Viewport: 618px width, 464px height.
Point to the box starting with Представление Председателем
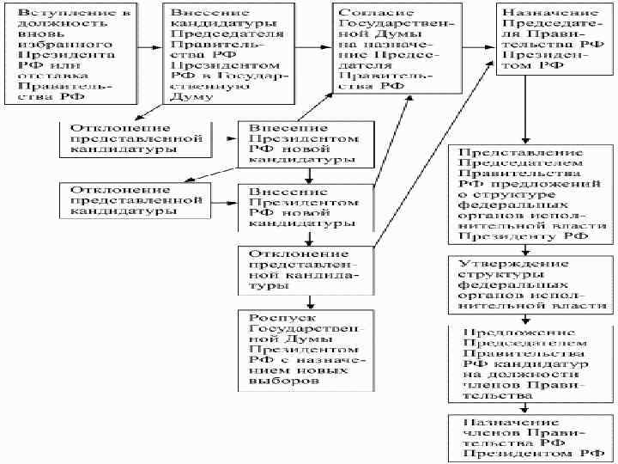(x=528, y=194)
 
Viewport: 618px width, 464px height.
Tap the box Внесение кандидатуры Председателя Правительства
(x=227, y=56)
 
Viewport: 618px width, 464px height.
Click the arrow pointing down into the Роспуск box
(x=307, y=300)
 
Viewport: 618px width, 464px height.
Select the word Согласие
(x=367, y=15)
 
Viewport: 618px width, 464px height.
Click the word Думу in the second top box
(x=186, y=98)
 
